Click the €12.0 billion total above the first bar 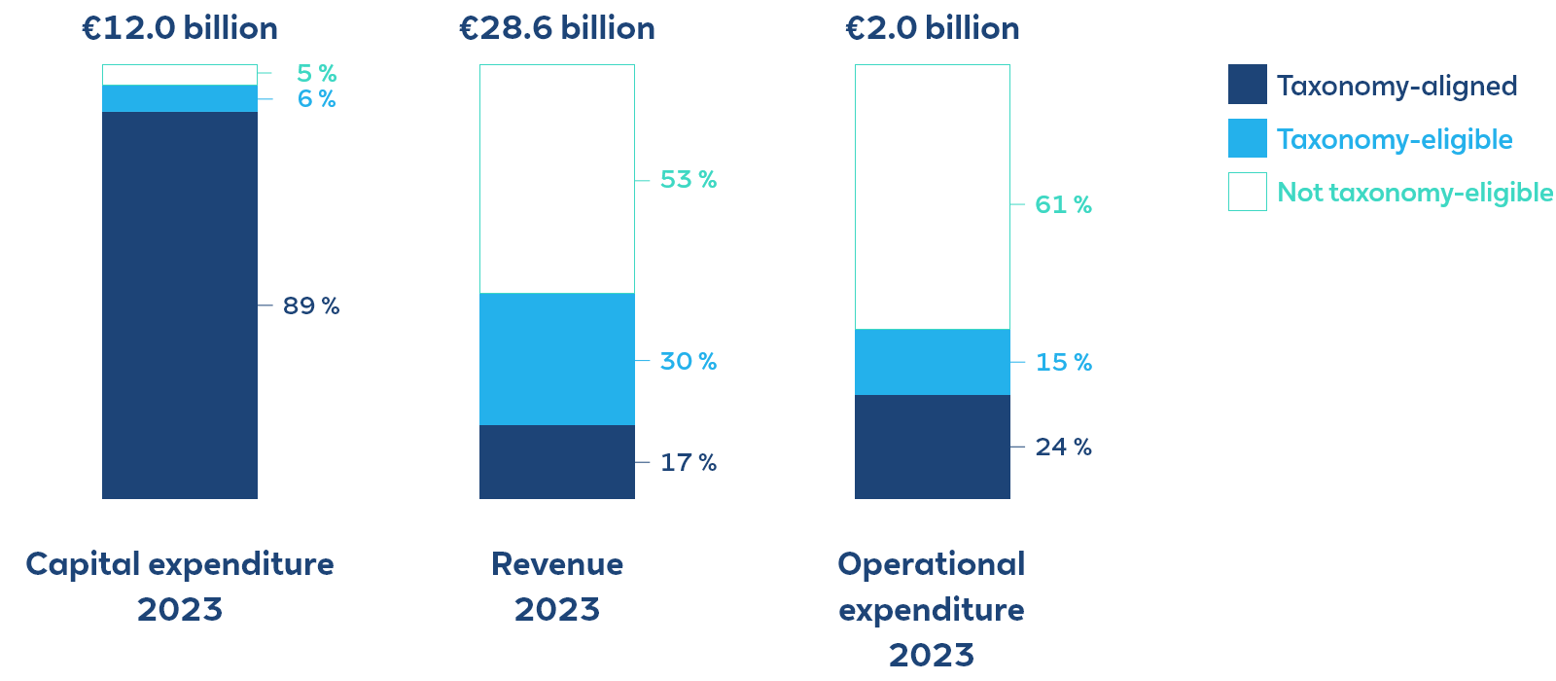click(x=180, y=28)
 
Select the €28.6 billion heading click(x=557, y=28)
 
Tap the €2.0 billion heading click(x=933, y=28)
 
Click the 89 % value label click(x=311, y=306)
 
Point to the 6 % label click(x=317, y=99)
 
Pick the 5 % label click(x=317, y=74)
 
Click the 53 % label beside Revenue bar click(x=689, y=180)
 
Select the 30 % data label click(x=689, y=362)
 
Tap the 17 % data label click(x=689, y=463)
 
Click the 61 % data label click(x=1063, y=205)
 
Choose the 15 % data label click(x=1063, y=363)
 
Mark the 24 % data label click(x=1063, y=448)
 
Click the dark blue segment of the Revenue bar click(x=557, y=462)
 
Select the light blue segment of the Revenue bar click(x=557, y=359)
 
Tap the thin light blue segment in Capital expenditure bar click(x=180, y=98)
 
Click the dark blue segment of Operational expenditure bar click(x=933, y=447)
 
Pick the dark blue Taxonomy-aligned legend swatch click(x=1248, y=85)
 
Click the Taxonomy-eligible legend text click(x=1395, y=140)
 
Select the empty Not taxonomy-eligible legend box click(x=1248, y=192)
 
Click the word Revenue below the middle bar click(x=557, y=564)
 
